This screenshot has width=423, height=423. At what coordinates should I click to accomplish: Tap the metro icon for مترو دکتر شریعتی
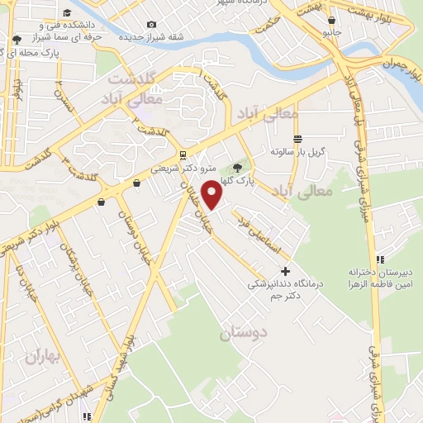click(182, 154)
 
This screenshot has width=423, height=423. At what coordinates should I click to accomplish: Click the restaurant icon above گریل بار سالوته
click(298, 139)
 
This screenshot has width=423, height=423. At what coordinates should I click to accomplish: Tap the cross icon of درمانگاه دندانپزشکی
click(286, 270)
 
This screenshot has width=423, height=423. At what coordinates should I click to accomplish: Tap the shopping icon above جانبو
click(331, 21)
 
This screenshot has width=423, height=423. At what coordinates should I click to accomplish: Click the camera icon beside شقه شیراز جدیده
click(150, 25)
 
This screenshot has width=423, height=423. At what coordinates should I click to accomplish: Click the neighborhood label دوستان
click(245, 334)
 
